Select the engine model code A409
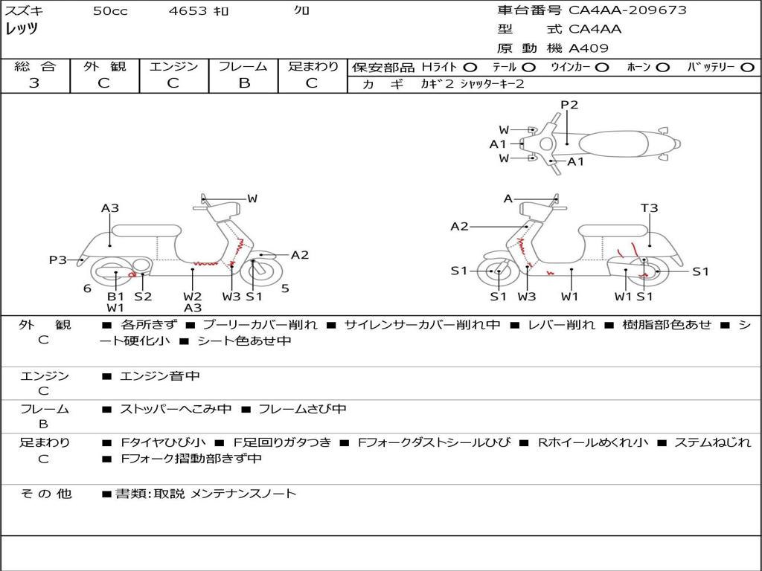[589, 48]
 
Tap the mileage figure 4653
[188, 11]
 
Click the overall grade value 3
[34, 83]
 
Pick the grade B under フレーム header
[243, 83]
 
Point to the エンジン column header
[173, 66]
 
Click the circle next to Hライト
[470, 67]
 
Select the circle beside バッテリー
[748, 67]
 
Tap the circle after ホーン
[663, 67]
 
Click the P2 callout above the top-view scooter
[569, 105]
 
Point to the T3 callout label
[650, 208]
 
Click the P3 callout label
[58, 259]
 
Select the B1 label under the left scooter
[115, 296]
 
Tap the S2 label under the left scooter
[143, 296]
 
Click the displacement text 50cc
[110, 11]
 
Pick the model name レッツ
[22, 30]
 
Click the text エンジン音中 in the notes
[160, 376]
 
